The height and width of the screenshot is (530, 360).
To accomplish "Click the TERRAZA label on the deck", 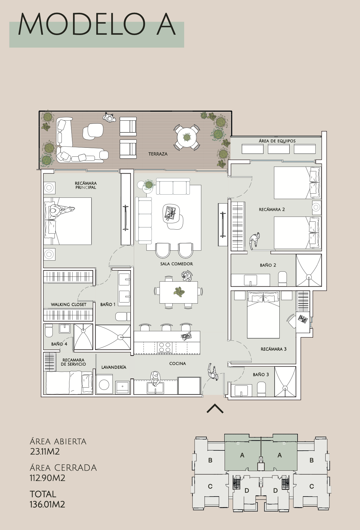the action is [x=158, y=154].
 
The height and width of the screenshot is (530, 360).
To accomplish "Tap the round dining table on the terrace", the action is [x=187, y=137].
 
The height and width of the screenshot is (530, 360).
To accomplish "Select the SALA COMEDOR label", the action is [x=176, y=264].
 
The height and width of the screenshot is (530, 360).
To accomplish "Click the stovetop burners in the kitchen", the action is [x=165, y=347].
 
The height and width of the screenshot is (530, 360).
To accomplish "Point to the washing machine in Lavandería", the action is [x=104, y=384].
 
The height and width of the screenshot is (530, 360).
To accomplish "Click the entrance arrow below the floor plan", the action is [x=215, y=409].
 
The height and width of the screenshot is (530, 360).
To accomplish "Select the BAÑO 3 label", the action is [x=261, y=375].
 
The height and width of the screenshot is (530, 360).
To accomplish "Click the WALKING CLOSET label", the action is [x=68, y=304].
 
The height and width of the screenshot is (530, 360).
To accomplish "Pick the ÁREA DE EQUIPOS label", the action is [x=277, y=141].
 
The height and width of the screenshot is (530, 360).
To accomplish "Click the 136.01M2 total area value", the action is [x=47, y=504].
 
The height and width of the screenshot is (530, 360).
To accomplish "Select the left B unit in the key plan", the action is [x=210, y=460].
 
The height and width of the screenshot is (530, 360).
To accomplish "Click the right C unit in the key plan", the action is [x=312, y=486].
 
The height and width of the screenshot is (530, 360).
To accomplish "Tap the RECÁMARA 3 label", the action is [x=274, y=349].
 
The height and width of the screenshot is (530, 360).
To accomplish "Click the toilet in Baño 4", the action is [x=49, y=331].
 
